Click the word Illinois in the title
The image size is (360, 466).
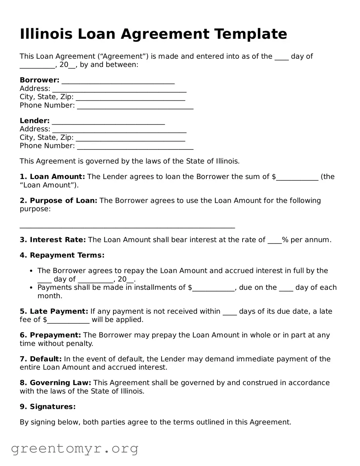46,34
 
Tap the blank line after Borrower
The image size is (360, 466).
118,82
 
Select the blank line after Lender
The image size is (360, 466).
108,122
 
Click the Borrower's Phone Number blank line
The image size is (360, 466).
135,107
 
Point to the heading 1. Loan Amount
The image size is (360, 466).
52,177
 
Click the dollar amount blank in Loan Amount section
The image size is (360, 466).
297,178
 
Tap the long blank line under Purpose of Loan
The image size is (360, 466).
127,227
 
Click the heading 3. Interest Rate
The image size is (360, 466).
53,240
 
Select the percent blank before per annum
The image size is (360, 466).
274,241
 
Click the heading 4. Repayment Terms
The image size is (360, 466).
62,255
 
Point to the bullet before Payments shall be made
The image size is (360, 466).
31,288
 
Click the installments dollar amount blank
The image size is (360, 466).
213,289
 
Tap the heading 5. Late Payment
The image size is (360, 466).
54,311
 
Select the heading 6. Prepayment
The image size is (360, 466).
50,335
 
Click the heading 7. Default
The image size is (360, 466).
41,359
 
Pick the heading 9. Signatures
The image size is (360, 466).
48,407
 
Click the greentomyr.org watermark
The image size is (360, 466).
74,449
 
